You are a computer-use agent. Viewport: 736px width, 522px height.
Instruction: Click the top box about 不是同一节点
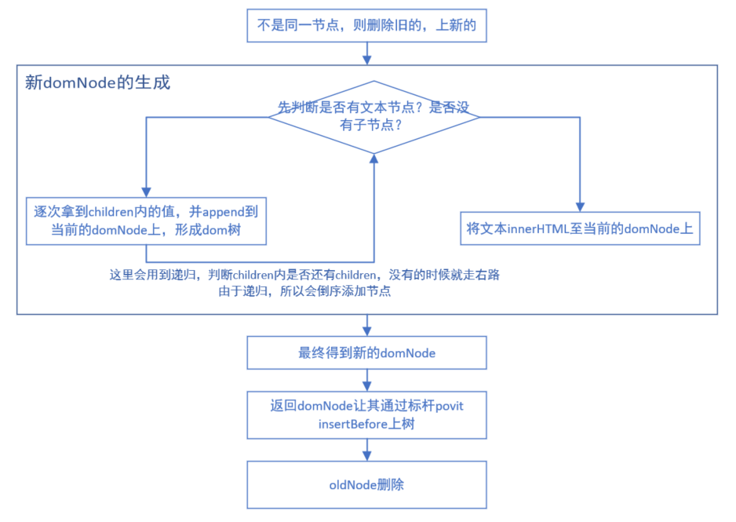click(x=366, y=26)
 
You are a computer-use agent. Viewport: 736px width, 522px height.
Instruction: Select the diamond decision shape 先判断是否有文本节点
click(x=373, y=115)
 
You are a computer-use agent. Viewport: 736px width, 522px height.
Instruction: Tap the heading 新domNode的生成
click(x=97, y=82)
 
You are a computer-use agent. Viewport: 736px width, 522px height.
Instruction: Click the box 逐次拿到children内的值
click(x=147, y=221)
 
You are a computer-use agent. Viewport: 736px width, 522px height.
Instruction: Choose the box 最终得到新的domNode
click(x=366, y=352)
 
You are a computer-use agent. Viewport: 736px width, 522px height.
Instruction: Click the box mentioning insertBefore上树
click(x=366, y=414)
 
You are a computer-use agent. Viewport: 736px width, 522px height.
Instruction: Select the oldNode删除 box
click(x=366, y=485)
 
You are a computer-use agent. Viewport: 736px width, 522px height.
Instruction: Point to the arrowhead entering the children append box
click(x=146, y=192)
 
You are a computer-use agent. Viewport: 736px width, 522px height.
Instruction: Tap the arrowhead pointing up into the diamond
click(x=373, y=158)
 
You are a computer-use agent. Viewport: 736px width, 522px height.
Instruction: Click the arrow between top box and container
click(x=366, y=54)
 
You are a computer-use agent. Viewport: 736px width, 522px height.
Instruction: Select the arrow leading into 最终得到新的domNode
click(x=366, y=326)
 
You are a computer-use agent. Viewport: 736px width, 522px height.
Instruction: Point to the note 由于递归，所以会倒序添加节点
click(x=306, y=292)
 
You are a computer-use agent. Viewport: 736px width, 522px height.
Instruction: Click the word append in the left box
click(x=225, y=211)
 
